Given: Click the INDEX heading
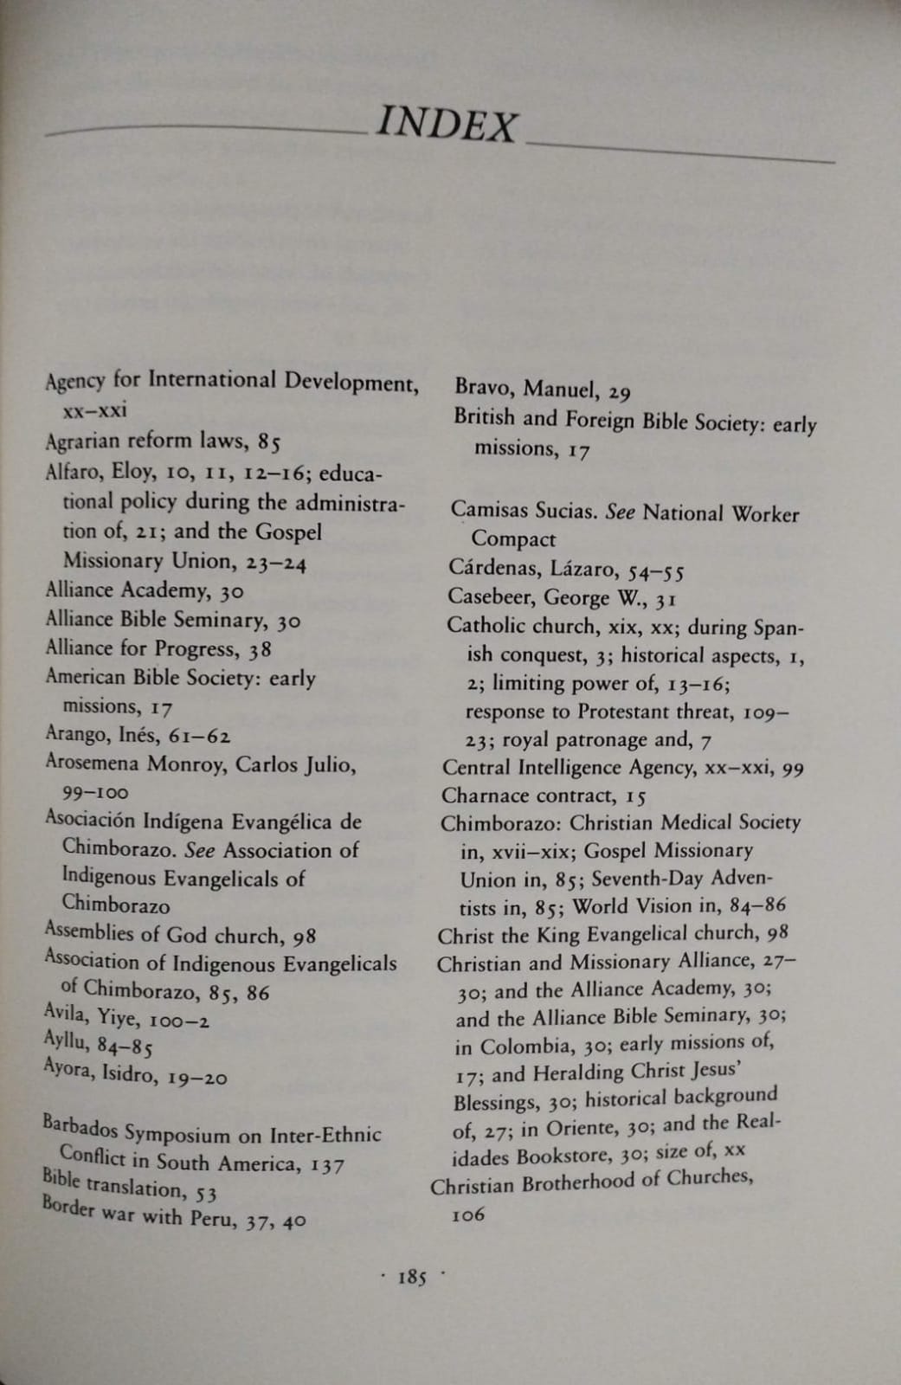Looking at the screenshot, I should (x=447, y=126).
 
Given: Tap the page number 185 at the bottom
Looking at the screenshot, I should (x=412, y=1278).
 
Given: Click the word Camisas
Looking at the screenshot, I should (x=487, y=509).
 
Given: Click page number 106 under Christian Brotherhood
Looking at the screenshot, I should (x=468, y=1214).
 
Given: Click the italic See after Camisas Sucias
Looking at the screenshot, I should (x=620, y=512).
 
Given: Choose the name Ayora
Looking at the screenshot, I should (x=68, y=1070).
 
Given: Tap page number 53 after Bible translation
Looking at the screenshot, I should (x=205, y=1195).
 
